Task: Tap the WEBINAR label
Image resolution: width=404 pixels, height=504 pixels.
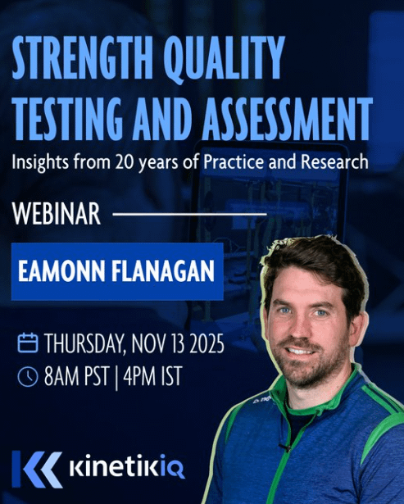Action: (57, 216)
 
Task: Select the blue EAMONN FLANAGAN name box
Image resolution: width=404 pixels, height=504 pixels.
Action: (116, 271)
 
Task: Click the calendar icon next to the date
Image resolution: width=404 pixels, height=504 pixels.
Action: (28, 342)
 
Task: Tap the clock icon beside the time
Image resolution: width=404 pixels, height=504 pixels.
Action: (28, 376)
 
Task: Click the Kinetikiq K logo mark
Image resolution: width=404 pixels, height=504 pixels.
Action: (37, 469)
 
